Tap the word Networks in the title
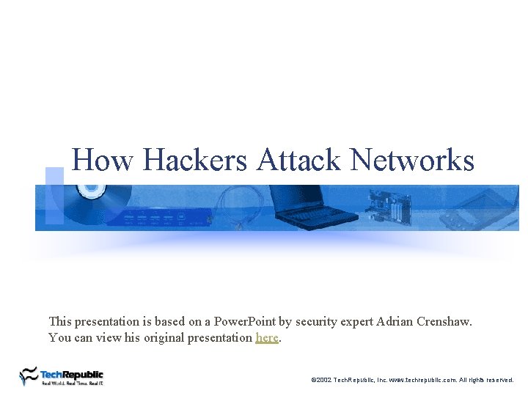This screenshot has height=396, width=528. point(413,160)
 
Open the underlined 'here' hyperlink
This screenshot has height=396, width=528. point(267,338)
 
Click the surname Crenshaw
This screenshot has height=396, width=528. point(444,321)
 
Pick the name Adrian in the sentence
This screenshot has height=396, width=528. point(392,321)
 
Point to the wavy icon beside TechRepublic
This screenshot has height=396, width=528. point(29,375)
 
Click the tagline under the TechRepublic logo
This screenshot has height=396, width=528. point(72,383)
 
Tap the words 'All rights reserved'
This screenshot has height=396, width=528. point(487,380)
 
